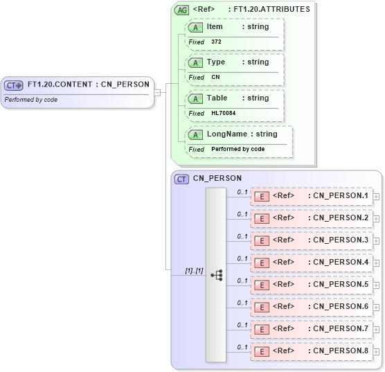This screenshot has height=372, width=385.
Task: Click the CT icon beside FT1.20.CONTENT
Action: click(14, 85)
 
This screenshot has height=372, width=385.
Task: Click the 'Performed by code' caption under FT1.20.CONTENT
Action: click(31, 100)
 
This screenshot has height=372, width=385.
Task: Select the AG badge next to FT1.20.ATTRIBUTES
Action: click(181, 10)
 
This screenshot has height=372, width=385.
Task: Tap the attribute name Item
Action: click(215, 26)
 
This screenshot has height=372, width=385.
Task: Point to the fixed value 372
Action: click(216, 42)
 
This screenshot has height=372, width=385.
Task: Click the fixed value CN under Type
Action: click(215, 78)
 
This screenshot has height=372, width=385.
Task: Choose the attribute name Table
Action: click(217, 98)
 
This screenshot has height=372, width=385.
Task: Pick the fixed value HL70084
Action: click(223, 113)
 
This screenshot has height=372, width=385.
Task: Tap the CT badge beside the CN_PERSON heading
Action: click(181, 179)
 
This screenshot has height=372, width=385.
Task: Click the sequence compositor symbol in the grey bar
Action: click(216, 274)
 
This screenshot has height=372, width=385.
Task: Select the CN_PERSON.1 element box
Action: click(311, 196)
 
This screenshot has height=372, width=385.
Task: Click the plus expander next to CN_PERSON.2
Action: click(376, 218)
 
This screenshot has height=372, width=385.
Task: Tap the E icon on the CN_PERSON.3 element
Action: click(262, 240)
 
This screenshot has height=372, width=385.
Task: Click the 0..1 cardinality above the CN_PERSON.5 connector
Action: click(242, 281)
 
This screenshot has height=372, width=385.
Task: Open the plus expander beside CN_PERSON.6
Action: click(376, 307)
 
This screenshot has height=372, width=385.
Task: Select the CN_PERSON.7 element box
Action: click(311, 329)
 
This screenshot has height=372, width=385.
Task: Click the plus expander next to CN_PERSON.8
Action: click(376, 351)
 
